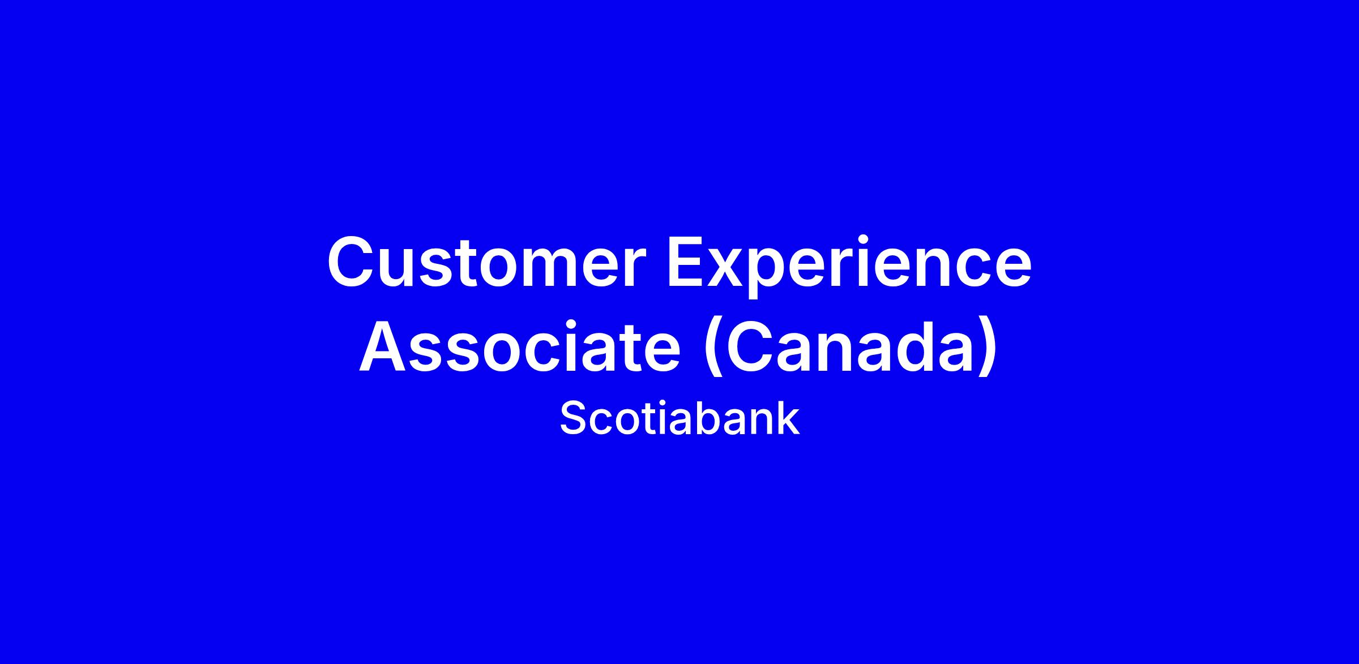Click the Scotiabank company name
[x=679, y=419]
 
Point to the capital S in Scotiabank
[x=574, y=419]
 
